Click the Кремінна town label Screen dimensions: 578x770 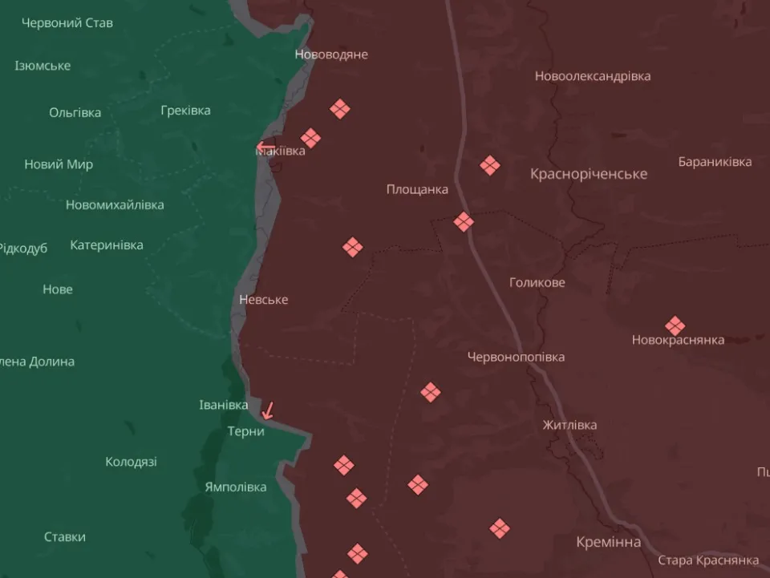608,543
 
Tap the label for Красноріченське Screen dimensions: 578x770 589,174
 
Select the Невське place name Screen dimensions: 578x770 263,300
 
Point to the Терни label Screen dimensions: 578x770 245,431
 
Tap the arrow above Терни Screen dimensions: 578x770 268,410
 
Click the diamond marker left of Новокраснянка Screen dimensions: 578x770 675,326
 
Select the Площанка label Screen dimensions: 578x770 417,190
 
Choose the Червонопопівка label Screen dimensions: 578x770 516,357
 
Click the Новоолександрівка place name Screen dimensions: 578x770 593,76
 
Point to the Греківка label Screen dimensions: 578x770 185,111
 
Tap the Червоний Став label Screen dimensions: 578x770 67,23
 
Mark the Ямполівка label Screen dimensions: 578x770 236,487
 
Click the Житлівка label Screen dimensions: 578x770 569,425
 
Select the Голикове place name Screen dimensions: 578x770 537,282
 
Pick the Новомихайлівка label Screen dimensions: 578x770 115,204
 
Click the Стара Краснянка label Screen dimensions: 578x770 708,560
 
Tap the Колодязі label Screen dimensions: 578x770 131,462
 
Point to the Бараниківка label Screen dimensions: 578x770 715,162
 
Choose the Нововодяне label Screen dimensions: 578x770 331,55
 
